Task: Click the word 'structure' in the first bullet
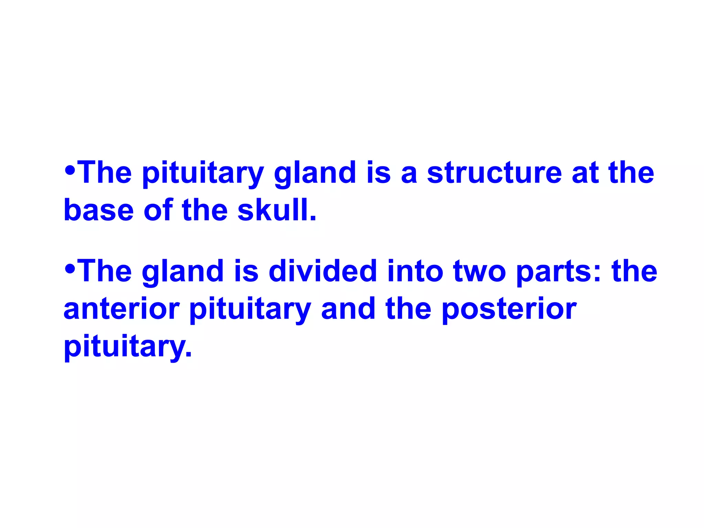pos(494,173)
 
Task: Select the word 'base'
pos(99,210)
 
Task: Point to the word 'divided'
pos(323,271)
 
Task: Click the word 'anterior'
pos(122,309)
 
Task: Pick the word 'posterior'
pos(509,309)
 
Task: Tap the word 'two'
pos(480,271)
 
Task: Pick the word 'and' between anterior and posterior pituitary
pos(348,309)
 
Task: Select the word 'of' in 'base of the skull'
pos(158,210)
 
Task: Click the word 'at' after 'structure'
pos(585,173)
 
